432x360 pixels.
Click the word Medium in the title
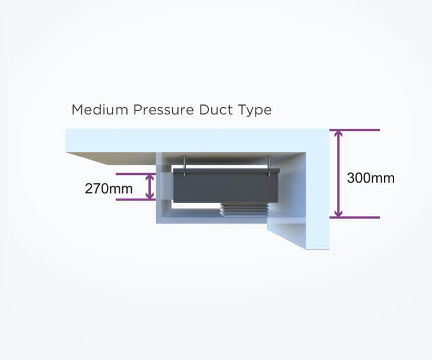coord(100,110)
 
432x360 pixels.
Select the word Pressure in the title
coord(164,110)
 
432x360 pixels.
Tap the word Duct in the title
coord(212,110)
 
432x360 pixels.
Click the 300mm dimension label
coord(370,178)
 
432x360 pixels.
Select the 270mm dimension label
coord(109,189)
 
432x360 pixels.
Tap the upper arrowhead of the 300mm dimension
coord(339,134)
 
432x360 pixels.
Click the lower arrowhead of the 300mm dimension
coord(339,213)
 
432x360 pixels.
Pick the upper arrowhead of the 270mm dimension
coord(150,178)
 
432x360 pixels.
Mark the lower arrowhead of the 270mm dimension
coord(150,195)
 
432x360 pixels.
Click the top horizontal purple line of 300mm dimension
coord(355,130)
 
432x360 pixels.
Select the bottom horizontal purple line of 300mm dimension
coord(355,218)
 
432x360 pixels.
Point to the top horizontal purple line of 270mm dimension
coord(136,174)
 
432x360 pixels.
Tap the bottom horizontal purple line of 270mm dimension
coord(136,199)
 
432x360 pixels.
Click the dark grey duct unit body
coord(225,187)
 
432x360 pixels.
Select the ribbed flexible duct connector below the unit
coord(244,209)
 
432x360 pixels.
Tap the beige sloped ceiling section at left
coord(111,158)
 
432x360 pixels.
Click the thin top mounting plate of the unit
coord(227,171)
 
